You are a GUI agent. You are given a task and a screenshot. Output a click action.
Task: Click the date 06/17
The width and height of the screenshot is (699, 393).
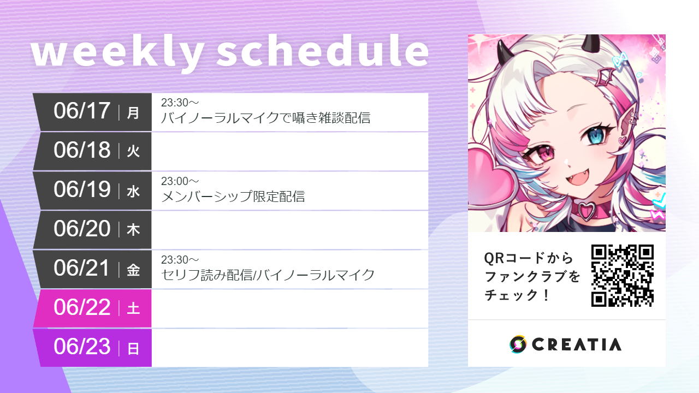point(82,111)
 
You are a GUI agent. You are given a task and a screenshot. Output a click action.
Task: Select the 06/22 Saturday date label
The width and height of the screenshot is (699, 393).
point(82,308)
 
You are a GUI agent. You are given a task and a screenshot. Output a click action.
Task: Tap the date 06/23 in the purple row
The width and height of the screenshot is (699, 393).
point(82,347)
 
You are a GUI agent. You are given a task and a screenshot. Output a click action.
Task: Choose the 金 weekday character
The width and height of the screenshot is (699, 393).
point(133,270)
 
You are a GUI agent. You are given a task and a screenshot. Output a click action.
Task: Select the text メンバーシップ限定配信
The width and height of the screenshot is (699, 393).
point(233,196)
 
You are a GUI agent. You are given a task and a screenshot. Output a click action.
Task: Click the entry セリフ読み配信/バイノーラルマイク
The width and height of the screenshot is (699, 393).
point(268,275)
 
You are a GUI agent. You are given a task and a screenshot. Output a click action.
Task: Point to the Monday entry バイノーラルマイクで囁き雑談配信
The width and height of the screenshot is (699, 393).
point(265,117)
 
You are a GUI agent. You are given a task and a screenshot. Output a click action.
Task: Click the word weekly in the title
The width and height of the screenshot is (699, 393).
point(117,53)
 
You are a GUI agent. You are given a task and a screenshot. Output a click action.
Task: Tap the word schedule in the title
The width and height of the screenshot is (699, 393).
point(323,53)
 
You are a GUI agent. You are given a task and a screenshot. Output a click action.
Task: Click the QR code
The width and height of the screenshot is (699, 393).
point(623,275)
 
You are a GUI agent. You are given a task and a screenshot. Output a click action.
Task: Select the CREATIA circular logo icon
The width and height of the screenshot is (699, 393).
point(518,344)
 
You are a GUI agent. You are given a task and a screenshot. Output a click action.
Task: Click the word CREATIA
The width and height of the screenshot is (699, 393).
point(577,344)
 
